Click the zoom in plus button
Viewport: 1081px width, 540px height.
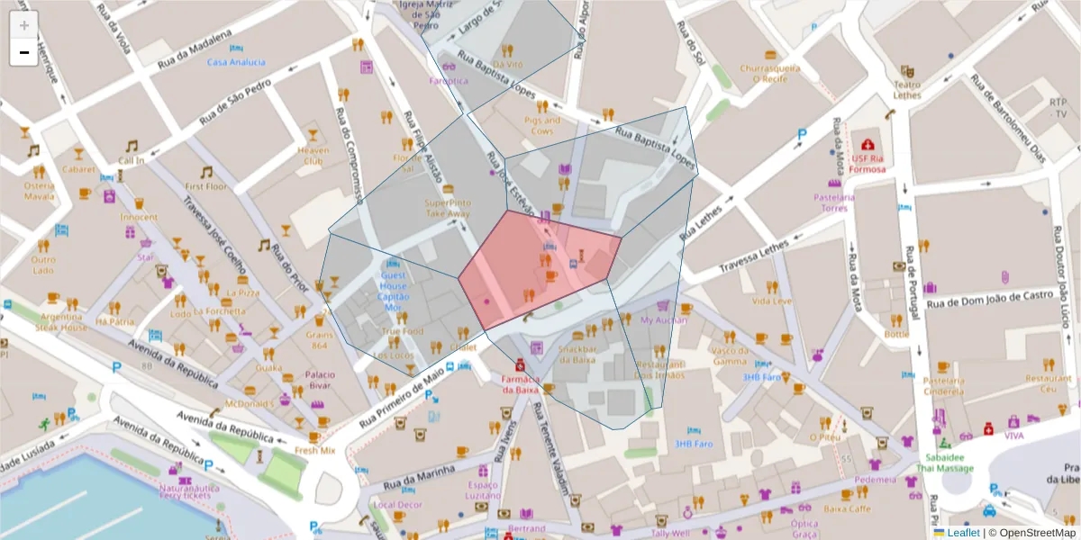23,24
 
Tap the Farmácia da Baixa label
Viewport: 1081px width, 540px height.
520,384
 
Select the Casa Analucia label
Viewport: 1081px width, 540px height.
236,62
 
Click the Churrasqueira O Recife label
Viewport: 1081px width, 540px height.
769,73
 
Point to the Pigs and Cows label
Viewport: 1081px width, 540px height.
541,125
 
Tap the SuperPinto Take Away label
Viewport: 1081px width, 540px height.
448,208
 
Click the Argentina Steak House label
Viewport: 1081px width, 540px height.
61,322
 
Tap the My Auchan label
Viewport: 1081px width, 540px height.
663,319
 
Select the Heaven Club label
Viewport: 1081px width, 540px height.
313,156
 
